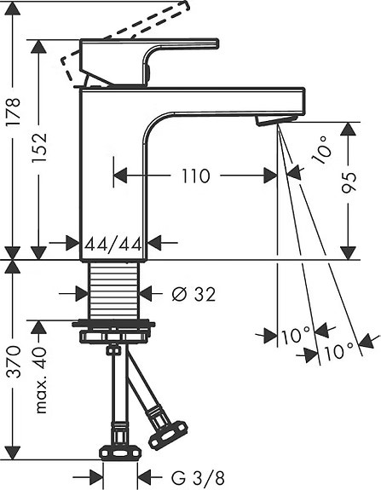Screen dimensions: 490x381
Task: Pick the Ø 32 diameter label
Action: coord(193,294)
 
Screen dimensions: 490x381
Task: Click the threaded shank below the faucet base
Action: coord(114,289)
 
